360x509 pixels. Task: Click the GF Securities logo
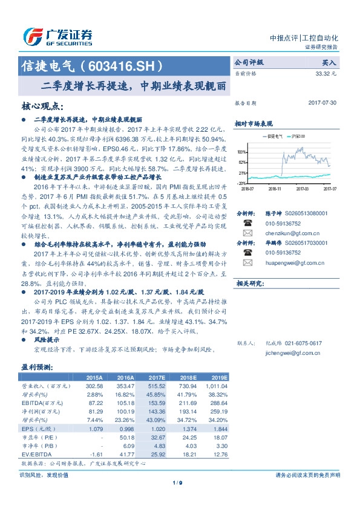(57, 37)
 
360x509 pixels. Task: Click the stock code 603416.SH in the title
(123, 65)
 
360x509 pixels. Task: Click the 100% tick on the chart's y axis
(241, 152)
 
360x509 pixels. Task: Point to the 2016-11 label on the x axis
(275, 188)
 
